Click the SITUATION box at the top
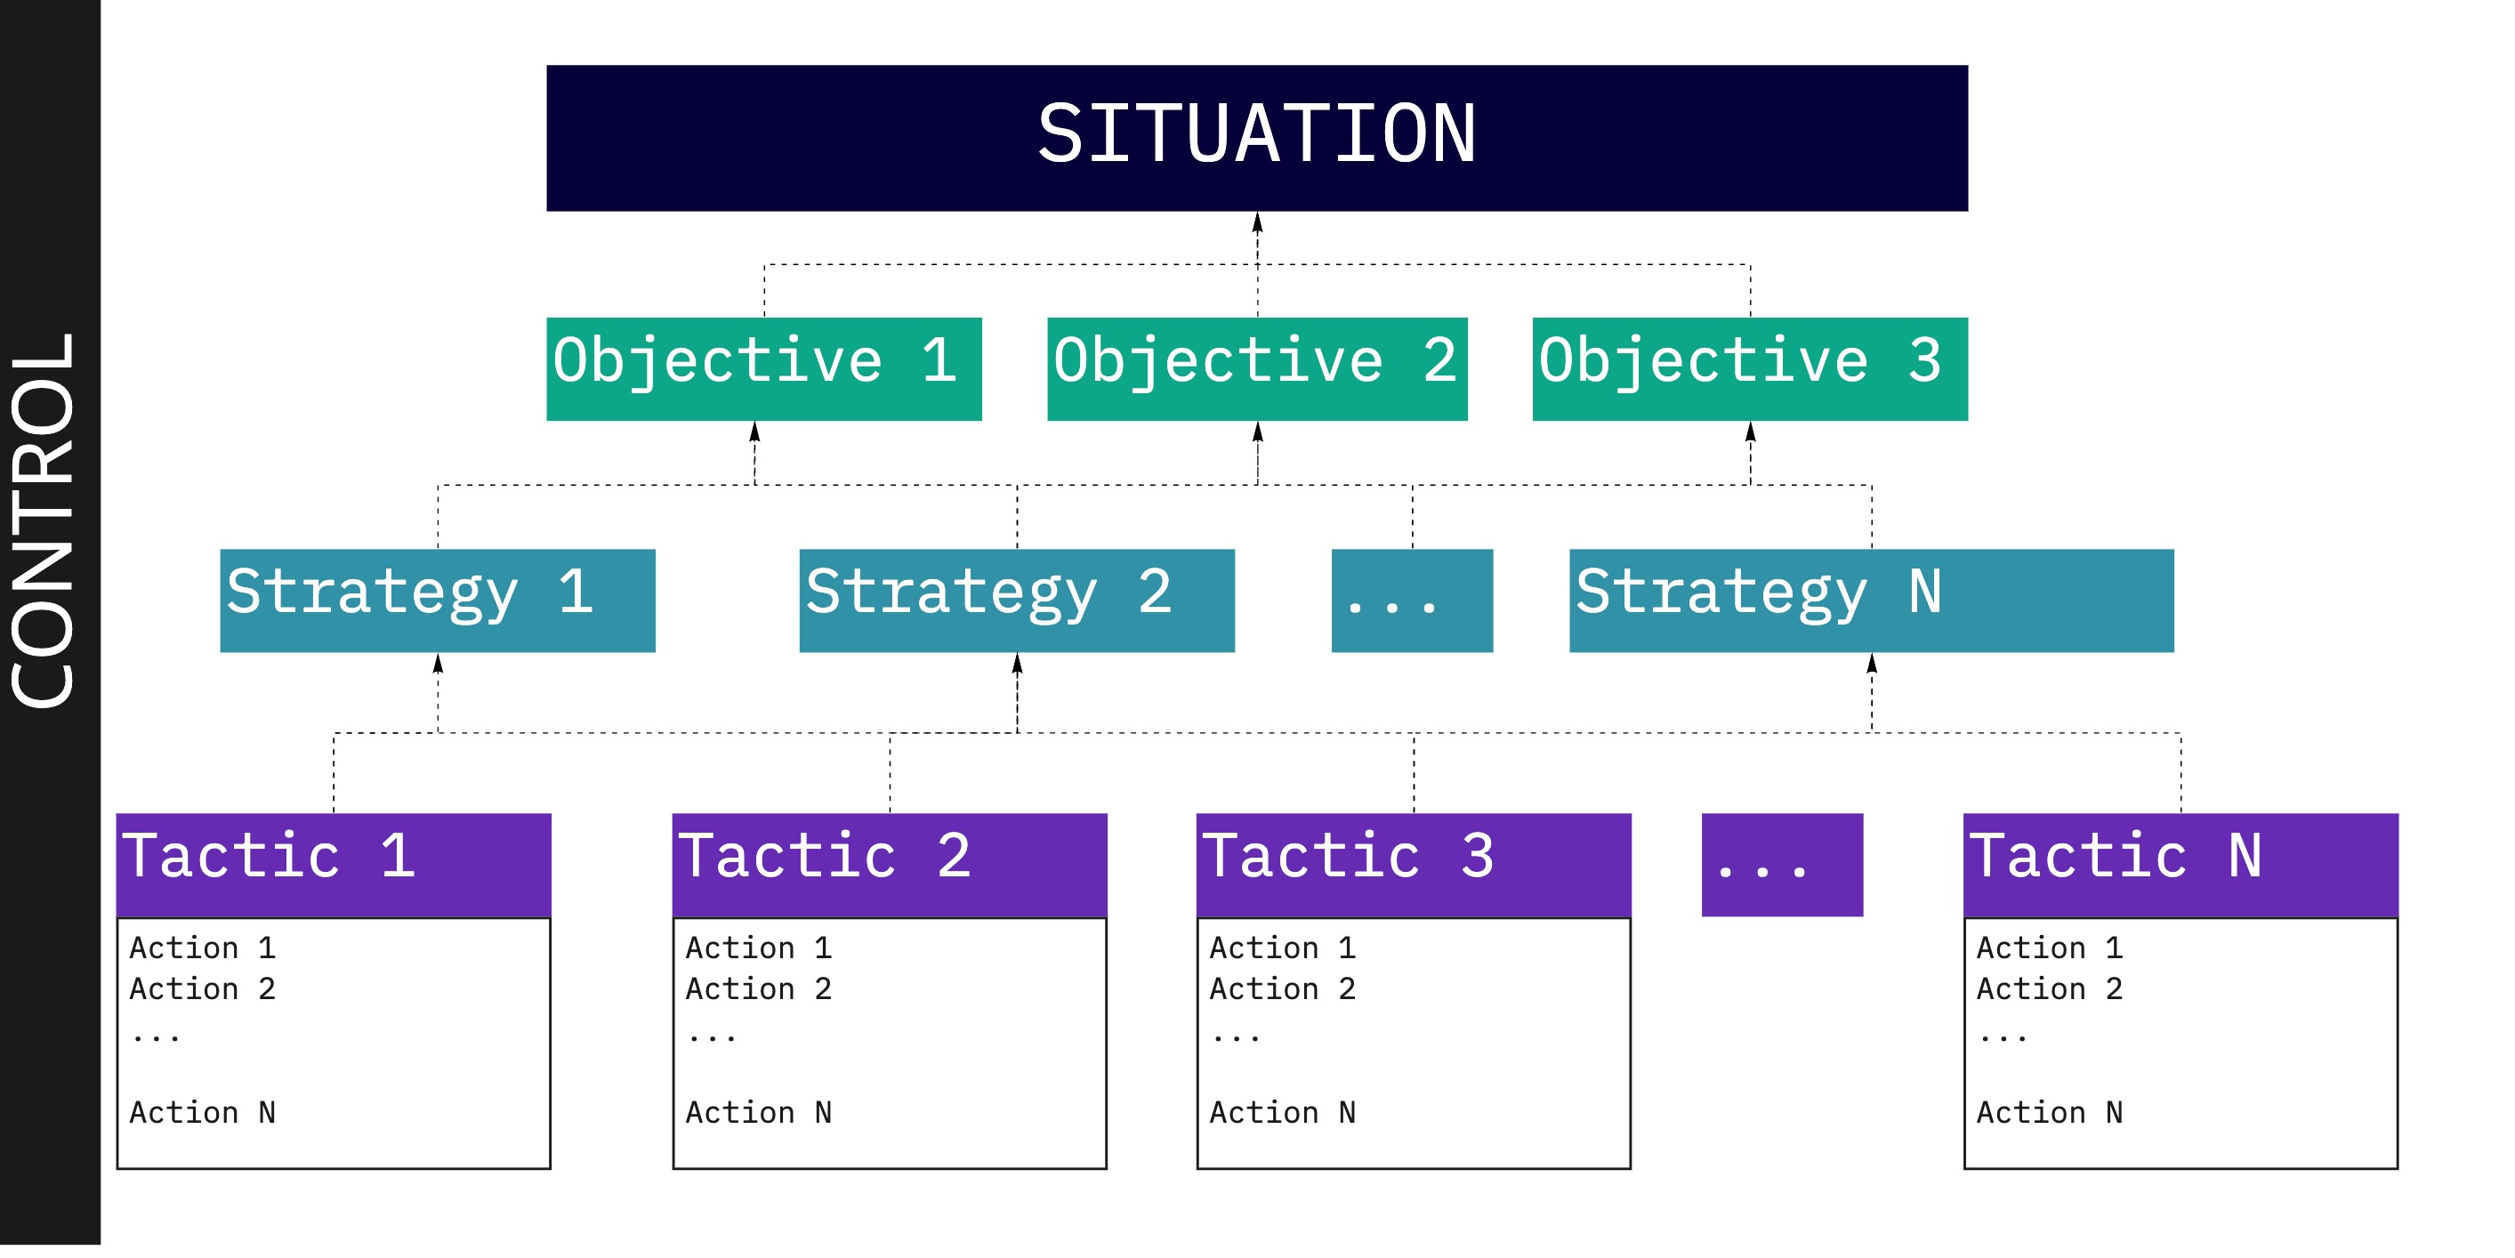[1256, 138]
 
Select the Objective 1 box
[763, 368]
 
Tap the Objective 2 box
[1256, 368]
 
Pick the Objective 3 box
[1750, 368]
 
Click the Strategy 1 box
[438, 600]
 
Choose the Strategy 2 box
[1016, 600]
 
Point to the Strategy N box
[1871, 600]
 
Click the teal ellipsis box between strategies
[1412, 600]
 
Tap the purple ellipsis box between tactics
[1782, 865]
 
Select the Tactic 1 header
[333, 865]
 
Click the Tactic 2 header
[890, 865]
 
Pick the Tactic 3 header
[1414, 865]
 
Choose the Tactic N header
[2180, 865]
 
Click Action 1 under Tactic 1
[203, 948]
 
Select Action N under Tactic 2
[759, 1112]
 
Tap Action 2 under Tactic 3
[1283, 988]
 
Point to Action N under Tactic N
[2050, 1112]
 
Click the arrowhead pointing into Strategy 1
[439, 665]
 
